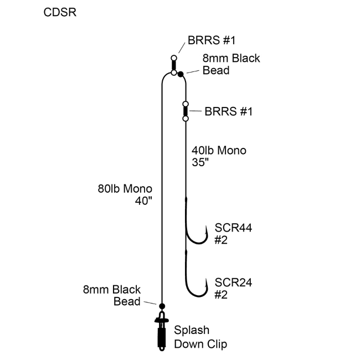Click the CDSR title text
[60, 13]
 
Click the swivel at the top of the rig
[174, 65]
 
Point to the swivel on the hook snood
[186, 111]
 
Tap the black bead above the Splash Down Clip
[162, 306]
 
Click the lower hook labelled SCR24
[195, 282]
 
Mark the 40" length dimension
[143, 201]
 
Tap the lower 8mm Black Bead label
[112, 295]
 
